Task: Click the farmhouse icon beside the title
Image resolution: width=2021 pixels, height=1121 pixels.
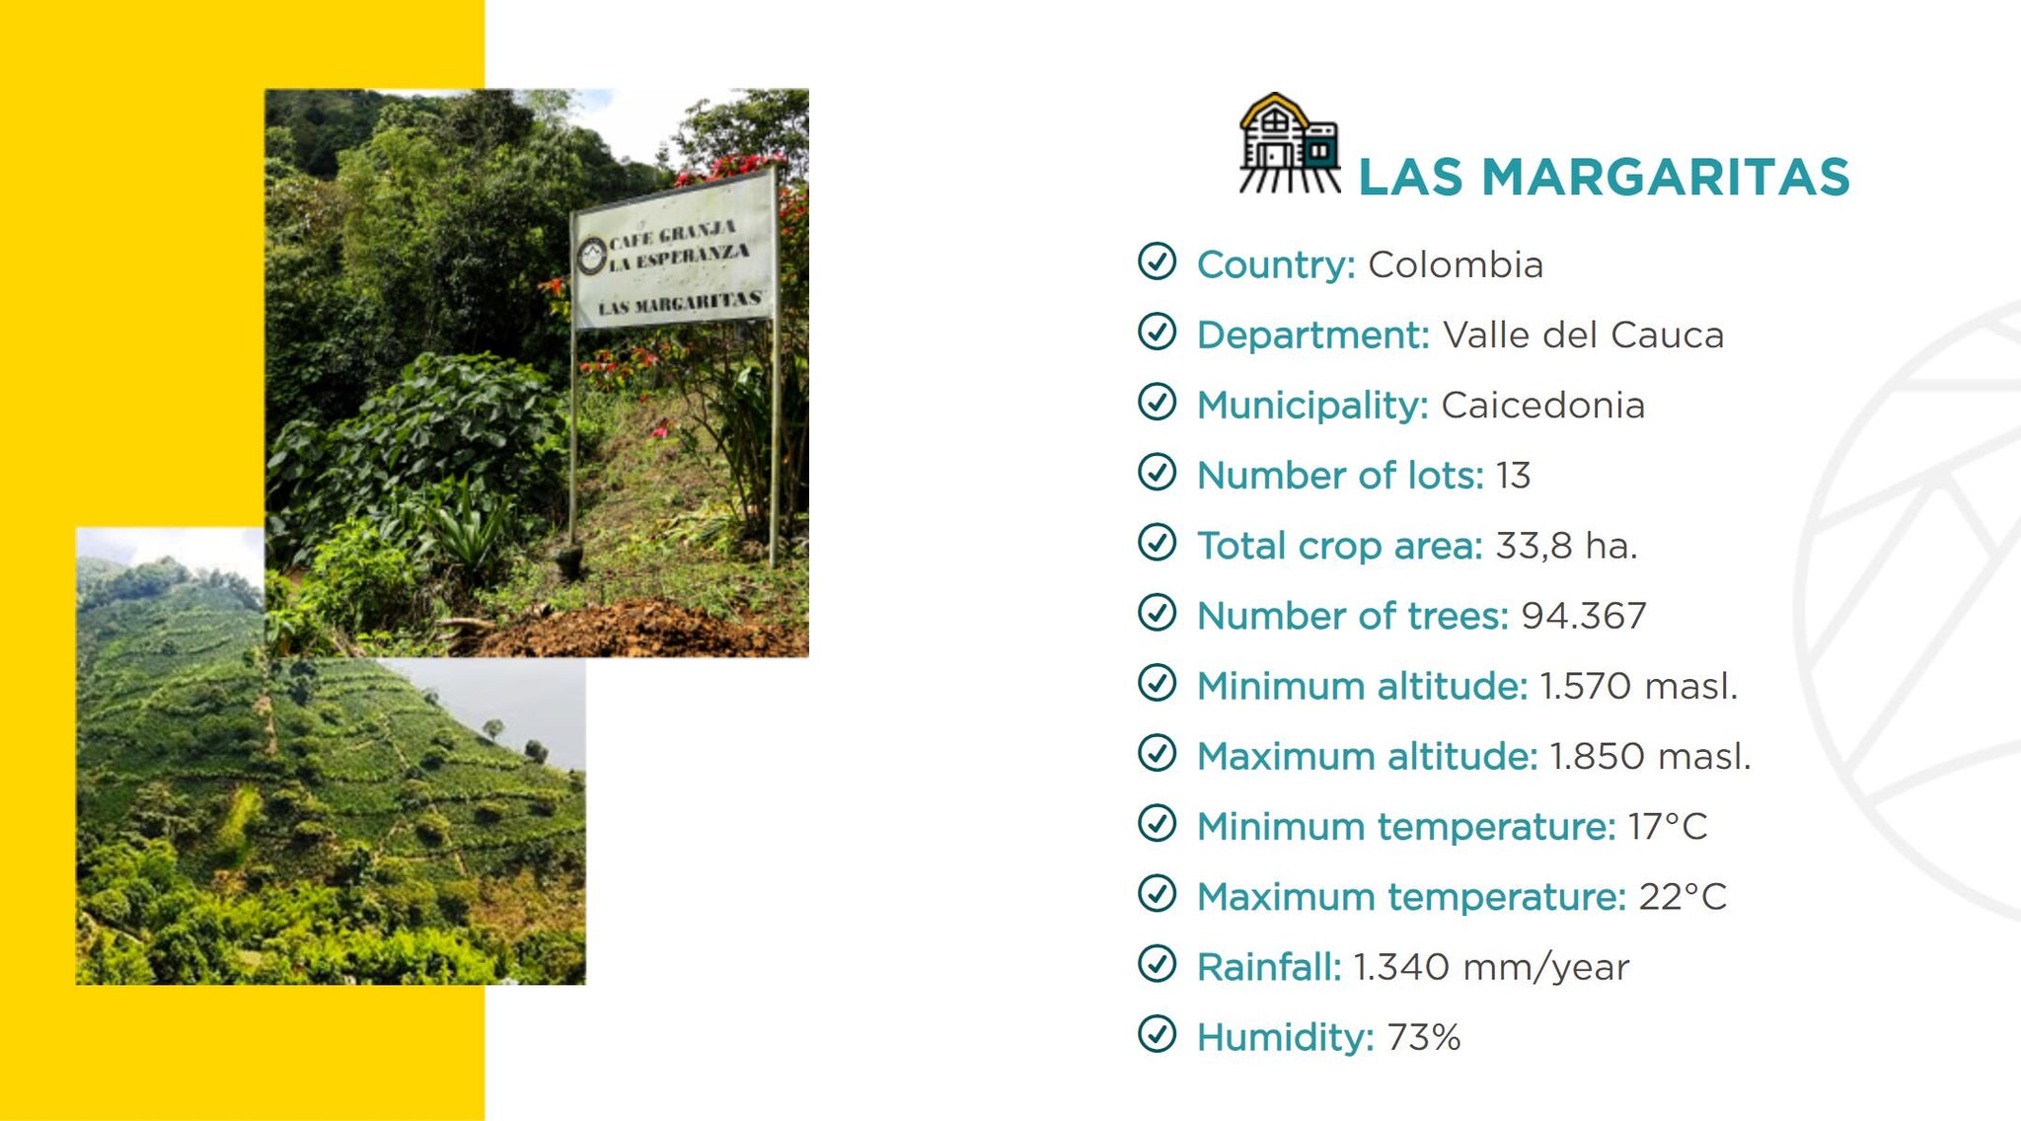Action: click(1289, 143)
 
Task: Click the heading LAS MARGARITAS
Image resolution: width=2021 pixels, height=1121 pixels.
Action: click(1604, 178)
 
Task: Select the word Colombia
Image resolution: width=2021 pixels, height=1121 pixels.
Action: click(1456, 264)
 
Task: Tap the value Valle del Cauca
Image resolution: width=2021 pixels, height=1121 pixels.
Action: click(1583, 335)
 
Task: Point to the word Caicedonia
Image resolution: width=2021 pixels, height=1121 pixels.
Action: click(1542, 405)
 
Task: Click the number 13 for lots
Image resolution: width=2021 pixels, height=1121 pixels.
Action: click(1513, 475)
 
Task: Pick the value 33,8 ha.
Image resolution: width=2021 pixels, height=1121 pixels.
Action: click(1566, 546)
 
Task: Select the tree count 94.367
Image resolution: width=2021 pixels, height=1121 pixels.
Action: click(1583, 616)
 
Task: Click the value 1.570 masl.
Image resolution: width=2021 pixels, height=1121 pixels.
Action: click(1638, 686)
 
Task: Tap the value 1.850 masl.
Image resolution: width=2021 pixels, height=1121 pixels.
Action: click(1650, 756)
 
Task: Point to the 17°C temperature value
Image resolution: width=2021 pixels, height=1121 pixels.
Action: click(1668, 826)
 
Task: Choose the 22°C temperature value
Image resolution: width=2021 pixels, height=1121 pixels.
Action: click(1683, 896)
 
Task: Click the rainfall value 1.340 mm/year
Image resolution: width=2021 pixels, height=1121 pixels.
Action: click(1491, 967)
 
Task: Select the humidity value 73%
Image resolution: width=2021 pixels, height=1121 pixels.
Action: click(1423, 1037)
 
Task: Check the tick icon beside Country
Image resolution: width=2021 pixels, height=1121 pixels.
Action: click(1157, 262)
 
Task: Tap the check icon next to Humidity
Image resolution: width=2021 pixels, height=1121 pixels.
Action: click(1157, 1034)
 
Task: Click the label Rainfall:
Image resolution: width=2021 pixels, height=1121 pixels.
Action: click(1269, 967)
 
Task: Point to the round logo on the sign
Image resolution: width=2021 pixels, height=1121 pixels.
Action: click(591, 256)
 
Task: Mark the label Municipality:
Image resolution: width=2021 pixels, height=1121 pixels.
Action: click(1312, 406)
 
